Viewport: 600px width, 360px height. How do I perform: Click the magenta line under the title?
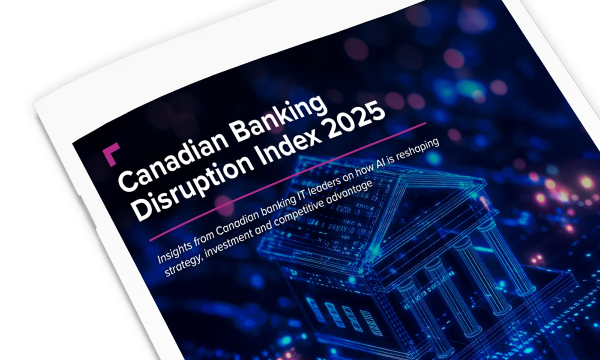287,182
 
